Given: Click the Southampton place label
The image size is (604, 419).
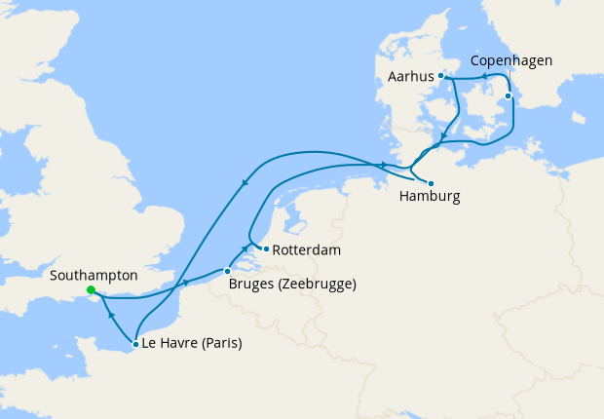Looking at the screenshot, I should tap(93, 276).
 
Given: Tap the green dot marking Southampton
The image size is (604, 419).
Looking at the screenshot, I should tap(91, 290).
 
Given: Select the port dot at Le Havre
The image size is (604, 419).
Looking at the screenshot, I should tap(134, 344).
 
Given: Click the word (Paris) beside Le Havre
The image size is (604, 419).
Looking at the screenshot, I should tap(216, 344).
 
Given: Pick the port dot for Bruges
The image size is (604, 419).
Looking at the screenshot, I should tap(227, 271).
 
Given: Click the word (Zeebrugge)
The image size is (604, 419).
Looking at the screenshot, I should tap(318, 286).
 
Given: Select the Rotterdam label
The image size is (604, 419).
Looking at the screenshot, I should tap(306, 250).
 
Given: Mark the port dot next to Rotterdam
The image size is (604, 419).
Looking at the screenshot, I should tap(266, 248).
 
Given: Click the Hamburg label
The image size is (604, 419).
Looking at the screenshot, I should tap(430, 196).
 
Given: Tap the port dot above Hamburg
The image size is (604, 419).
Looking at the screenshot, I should tap(431, 182).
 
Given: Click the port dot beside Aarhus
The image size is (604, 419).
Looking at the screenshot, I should tap(440, 75).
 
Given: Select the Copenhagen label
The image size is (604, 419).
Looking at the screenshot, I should tap(511, 60).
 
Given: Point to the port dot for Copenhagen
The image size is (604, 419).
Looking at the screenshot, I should tap(508, 96).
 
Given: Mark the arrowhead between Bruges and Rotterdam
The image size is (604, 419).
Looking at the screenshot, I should tap(245, 250).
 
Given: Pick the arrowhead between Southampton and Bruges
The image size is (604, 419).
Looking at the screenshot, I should tap(184, 283).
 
